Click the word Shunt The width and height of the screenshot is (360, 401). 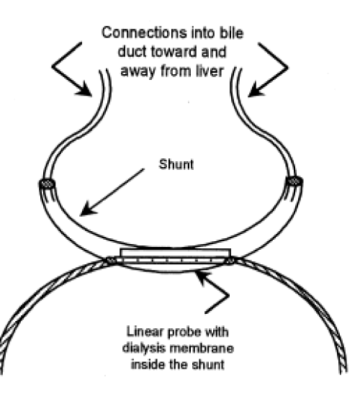[176, 164]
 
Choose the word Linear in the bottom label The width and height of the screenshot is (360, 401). [145, 332]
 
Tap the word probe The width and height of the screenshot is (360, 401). [184, 333]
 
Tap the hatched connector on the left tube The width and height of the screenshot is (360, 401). [47, 184]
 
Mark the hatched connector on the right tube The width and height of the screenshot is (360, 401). [294, 181]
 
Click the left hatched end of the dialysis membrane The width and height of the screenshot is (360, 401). [111, 261]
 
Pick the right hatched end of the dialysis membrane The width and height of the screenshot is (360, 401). [230, 261]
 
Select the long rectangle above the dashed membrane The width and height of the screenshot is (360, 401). [176, 253]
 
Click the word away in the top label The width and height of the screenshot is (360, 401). [138, 71]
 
